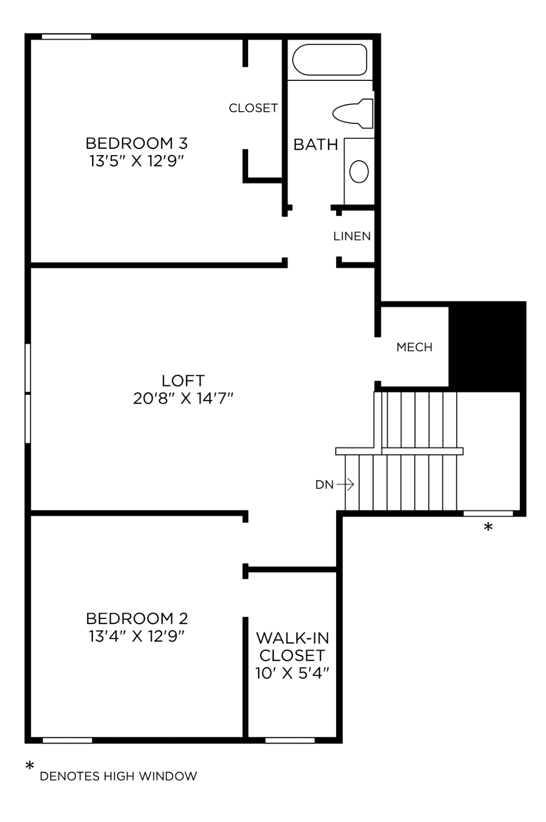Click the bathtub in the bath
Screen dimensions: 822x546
pyautogui.click(x=330, y=60)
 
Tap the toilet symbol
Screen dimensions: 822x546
pyautogui.click(x=353, y=114)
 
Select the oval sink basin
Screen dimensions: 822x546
pyautogui.click(x=359, y=171)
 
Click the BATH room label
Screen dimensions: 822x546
pyautogui.click(x=315, y=145)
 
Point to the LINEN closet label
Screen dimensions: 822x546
pyautogui.click(x=352, y=236)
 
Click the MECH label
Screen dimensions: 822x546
pyautogui.click(x=414, y=348)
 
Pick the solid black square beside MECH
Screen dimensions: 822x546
pyautogui.click(x=487, y=347)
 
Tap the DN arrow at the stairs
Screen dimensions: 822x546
pyautogui.click(x=345, y=485)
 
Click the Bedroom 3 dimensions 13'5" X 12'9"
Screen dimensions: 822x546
pyautogui.click(x=136, y=162)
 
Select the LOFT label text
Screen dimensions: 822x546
pyautogui.click(x=183, y=380)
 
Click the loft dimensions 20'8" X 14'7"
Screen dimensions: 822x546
pyautogui.click(x=183, y=399)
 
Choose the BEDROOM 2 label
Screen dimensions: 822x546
pyautogui.click(x=136, y=618)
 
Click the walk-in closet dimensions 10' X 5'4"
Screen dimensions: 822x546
pyautogui.click(x=292, y=673)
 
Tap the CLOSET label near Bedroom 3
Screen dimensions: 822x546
pyautogui.click(x=253, y=108)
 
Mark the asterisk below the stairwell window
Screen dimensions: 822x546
pyautogui.click(x=488, y=528)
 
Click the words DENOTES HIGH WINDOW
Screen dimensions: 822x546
pyautogui.click(x=118, y=776)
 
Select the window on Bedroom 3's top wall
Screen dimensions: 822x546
pyautogui.click(x=66, y=36)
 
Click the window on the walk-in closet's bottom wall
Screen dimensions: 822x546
pyautogui.click(x=290, y=740)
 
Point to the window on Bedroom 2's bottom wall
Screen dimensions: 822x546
pyautogui.click(x=67, y=740)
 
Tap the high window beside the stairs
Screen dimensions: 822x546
pyautogui.click(x=488, y=513)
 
